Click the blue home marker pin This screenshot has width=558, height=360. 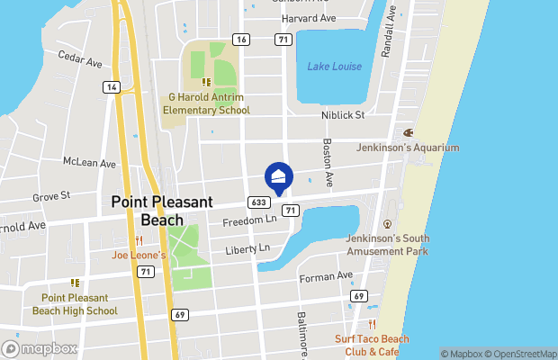tap(278, 177)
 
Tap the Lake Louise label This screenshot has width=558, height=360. tap(334, 67)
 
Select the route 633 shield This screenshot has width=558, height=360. tap(257, 202)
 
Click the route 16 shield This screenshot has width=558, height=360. tap(240, 39)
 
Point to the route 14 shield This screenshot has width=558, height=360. tap(111, 86)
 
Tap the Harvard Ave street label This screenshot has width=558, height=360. tap(309, 17)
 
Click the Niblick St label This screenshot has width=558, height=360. tap(342, 115)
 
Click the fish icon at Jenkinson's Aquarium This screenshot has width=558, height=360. tap(408, 132)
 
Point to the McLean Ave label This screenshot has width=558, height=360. tap(89, 164)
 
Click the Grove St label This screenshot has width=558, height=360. tap(51, 195)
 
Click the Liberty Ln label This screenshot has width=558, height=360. tap(247, 247)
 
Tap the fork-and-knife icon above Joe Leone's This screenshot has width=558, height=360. tap(139, 240)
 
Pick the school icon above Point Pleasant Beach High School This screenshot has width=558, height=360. tap(75, 283)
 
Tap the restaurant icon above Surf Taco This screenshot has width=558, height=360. tap(371, 324)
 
